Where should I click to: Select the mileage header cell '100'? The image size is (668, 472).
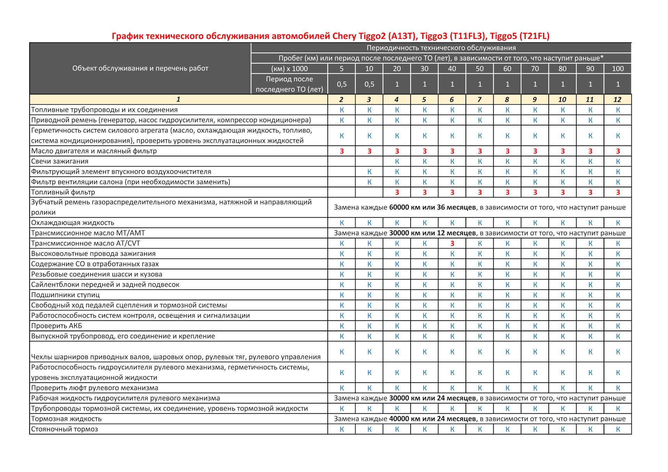click(618, 68)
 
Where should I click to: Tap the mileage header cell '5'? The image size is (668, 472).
click(341, 68)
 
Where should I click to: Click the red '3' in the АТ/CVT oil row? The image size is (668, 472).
click(452, 243)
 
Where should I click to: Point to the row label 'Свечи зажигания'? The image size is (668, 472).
click(59, 161)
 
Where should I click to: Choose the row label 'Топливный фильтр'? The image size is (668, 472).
click(63, 192)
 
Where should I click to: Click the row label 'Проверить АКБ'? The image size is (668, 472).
click(56, 326)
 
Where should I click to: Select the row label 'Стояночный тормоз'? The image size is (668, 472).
click(64, 429)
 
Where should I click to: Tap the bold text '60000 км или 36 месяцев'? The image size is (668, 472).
click(432, 207)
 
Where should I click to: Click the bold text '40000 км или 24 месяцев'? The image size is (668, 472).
click(432, 419)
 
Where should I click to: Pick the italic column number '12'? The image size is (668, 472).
click(617, 99)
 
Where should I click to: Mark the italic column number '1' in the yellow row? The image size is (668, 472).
click(178, 99)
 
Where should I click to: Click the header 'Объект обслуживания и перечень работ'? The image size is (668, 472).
click(140, 68)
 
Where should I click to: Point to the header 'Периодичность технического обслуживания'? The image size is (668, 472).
click(441, 48)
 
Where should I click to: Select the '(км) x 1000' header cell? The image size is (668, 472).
click(289, 68)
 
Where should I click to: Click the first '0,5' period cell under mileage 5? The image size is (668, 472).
click(341, 84)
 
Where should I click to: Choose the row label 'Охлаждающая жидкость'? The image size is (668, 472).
click(72, 223)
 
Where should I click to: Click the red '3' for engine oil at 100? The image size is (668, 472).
click(618, 151)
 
